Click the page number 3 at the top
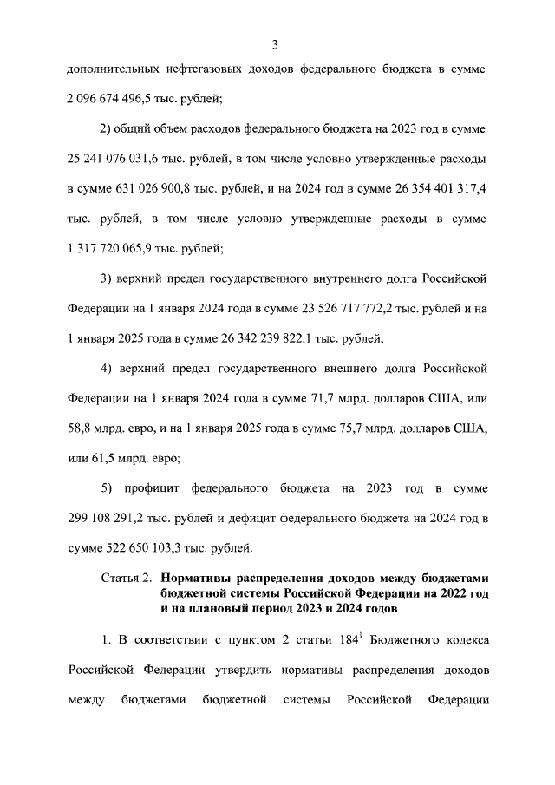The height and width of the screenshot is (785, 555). point(275,45)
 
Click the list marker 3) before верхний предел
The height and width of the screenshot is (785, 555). point(108,279)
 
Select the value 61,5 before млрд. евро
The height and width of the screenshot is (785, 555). point(100,457)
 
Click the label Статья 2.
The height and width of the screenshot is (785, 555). point(126,577)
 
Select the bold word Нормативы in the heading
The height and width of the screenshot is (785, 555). point(198,577)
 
